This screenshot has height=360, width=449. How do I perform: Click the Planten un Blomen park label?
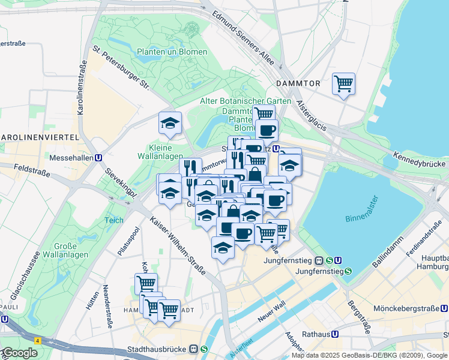tap(172, 52)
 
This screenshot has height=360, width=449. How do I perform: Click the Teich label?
tap(113, 220)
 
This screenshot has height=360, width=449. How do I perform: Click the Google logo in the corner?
tap(20, 353)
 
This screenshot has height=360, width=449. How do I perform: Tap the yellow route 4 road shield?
tap(38, 340)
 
